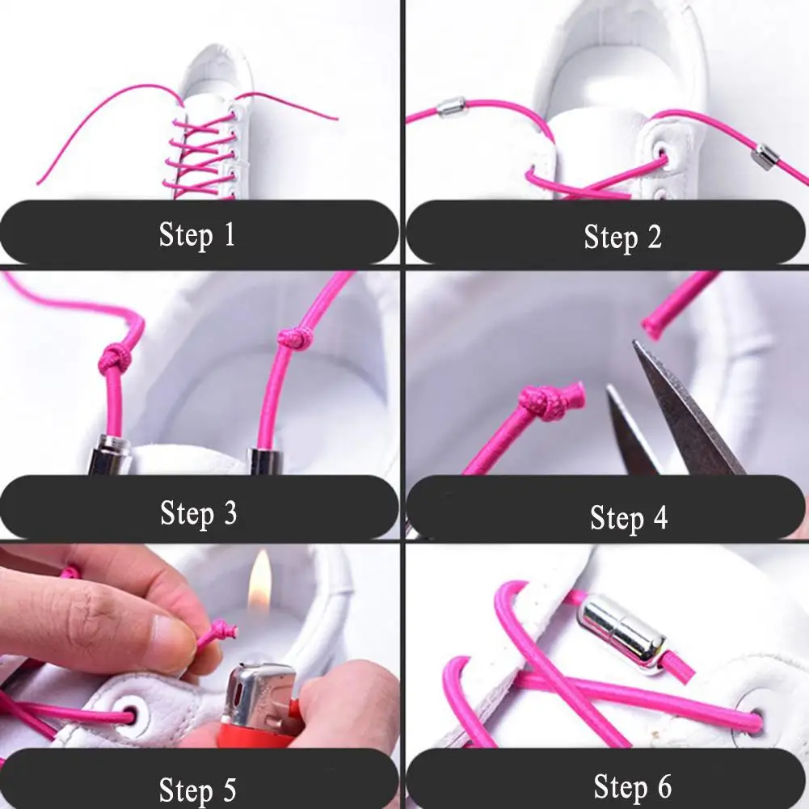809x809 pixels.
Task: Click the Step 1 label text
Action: [x=197, y=235]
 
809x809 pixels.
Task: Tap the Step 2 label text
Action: [x=622, y=237]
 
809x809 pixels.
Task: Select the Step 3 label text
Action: [x=198, y=512]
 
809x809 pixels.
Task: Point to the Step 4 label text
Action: [x=629, y=517]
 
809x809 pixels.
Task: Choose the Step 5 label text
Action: [x=198, y=790]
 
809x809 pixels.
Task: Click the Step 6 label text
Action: [x=632, y=786]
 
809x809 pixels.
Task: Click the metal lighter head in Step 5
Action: [x=259, y=693]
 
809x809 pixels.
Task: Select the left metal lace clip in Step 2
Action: [x=451, y=107]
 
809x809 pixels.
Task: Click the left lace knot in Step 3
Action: [x=113, y=357]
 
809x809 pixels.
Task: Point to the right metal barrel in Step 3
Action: [x=265, y=459]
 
